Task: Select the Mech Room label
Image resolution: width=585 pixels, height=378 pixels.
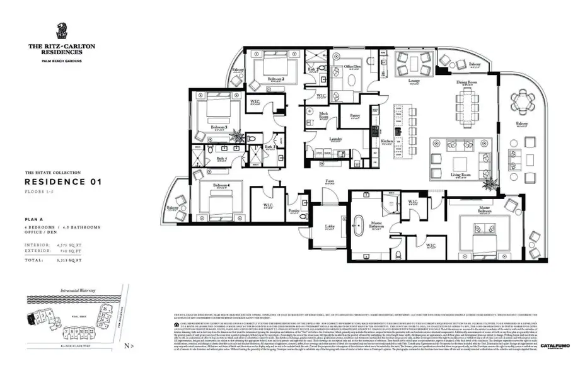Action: pyautogui.click(x=324, y=115)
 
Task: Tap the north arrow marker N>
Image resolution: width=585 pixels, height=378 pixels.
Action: pyautogui.click(x=129, y=346)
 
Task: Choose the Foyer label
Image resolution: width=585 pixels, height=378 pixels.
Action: pyautogui.click(x=329, y=181)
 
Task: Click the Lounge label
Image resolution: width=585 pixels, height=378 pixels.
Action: pyautogui.click(x=414, y=81)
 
